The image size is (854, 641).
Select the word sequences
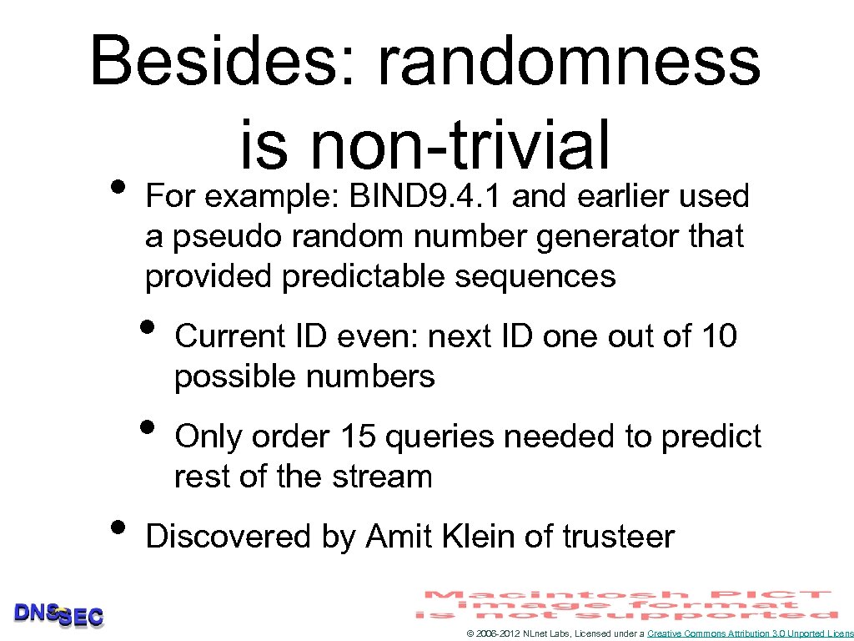(535, 276)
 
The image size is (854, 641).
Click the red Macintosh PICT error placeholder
(627, 604)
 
